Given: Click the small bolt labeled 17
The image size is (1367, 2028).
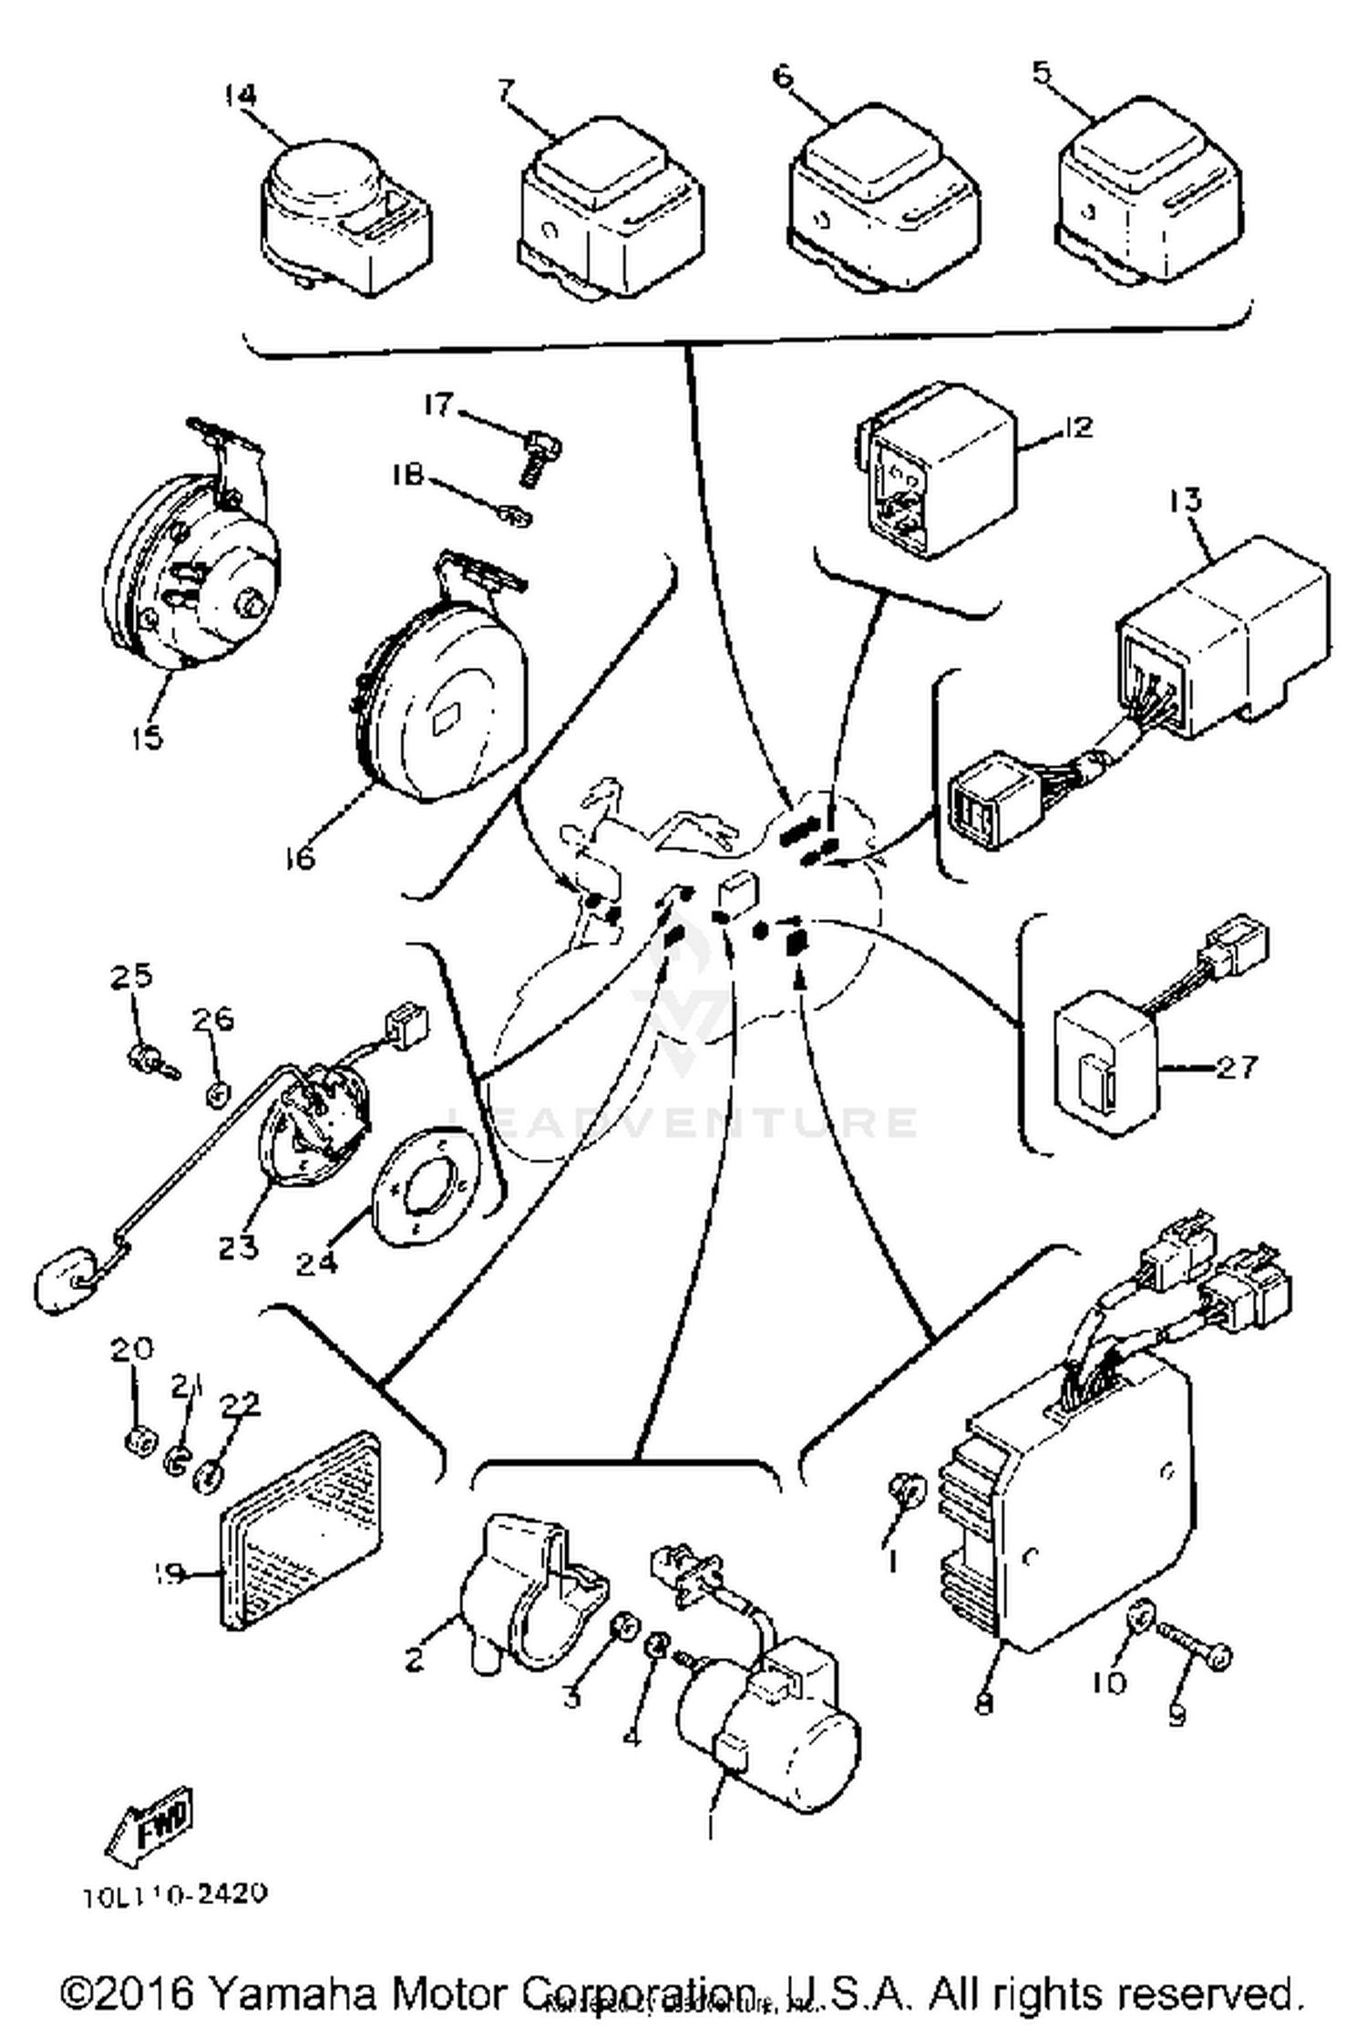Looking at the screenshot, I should [x=545, y=454].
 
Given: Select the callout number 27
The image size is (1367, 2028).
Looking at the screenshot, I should [x=1237, y=1066].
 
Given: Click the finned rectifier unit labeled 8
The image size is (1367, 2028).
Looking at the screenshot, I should [x=1075, y=1512].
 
